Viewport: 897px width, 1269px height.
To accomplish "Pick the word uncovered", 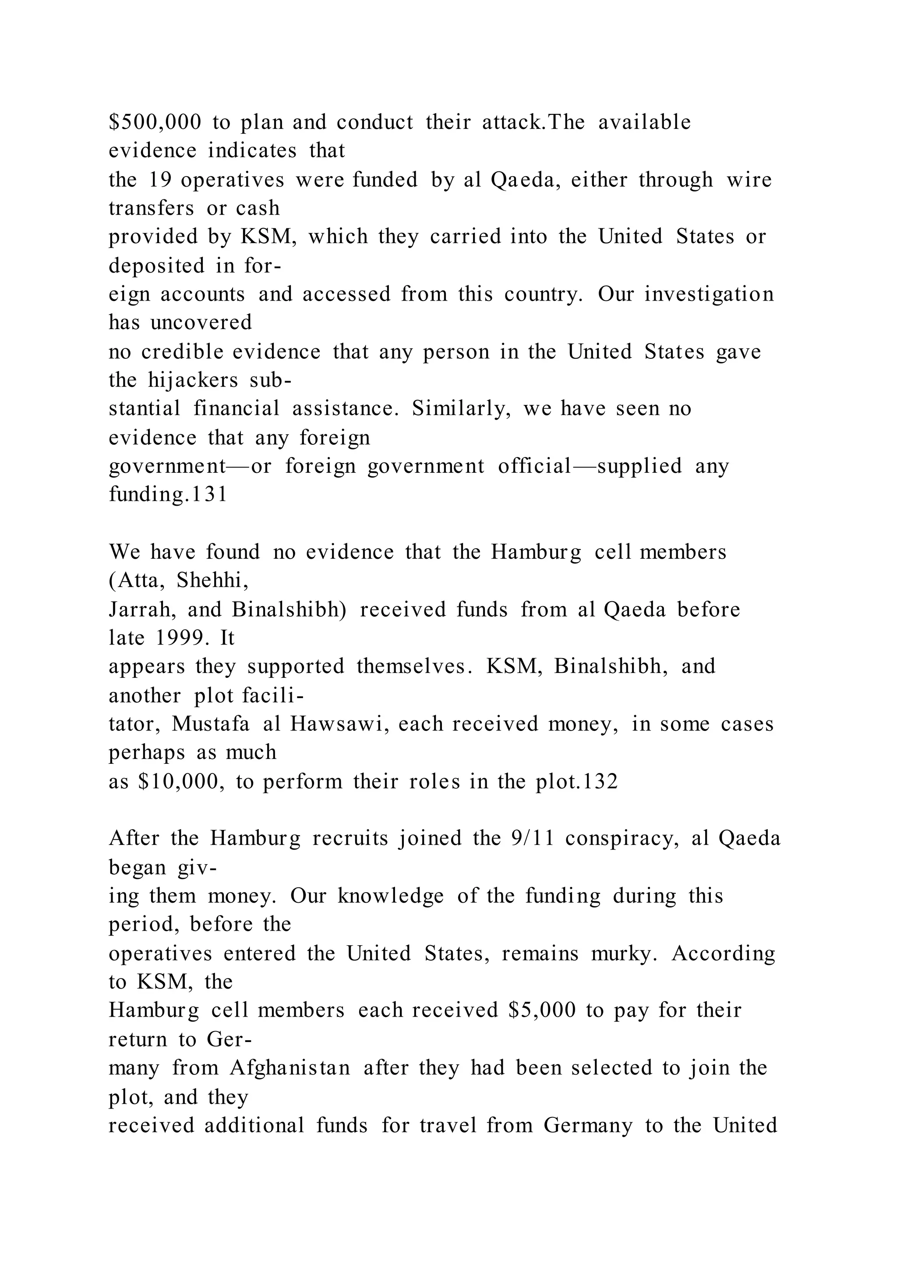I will pos(201,322).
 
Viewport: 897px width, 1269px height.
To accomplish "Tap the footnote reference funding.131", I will pos(168,493).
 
